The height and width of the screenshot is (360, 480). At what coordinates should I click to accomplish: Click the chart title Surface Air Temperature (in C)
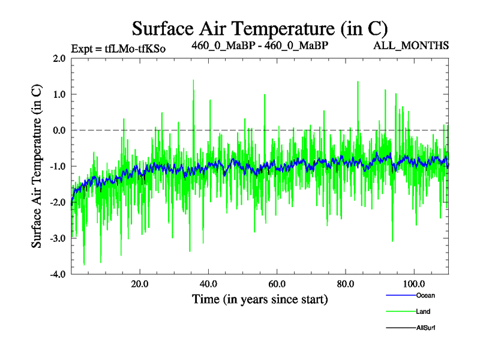pos(260,28)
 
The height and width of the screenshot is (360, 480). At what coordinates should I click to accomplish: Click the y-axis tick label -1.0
pos(58,166)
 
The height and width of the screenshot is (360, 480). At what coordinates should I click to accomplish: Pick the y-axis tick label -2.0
pos(58,202)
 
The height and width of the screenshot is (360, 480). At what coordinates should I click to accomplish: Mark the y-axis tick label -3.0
pos(58,238)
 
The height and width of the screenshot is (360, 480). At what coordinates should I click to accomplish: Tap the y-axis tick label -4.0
pos(58,274)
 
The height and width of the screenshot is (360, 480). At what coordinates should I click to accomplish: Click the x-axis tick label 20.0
pos(139,283)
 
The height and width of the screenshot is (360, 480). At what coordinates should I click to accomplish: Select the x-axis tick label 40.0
pos(208,283)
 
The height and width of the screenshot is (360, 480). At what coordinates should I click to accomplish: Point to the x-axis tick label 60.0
pos(277,283)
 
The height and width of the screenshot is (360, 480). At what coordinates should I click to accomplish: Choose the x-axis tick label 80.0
pos(345,283)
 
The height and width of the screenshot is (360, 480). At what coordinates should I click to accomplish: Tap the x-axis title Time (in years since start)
pos(260,299)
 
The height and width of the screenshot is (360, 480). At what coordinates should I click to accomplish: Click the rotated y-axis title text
pos(37,166)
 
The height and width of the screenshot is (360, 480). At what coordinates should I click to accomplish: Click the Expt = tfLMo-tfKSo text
pos(118,48)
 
